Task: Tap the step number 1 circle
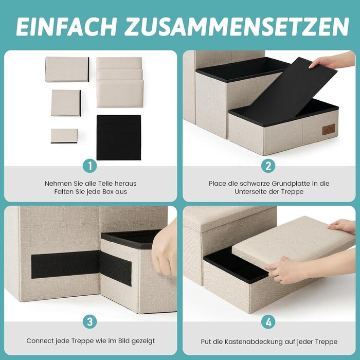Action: (x=90, y=166)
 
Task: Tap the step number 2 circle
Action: (x=268, y=166)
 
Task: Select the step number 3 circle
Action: (x=90, y=321)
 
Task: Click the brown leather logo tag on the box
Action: (x=329, y=130)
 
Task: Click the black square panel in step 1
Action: (x=119, y=137)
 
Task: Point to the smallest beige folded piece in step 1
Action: (x=64, y=136)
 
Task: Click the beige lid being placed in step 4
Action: (x=294, y=243)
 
